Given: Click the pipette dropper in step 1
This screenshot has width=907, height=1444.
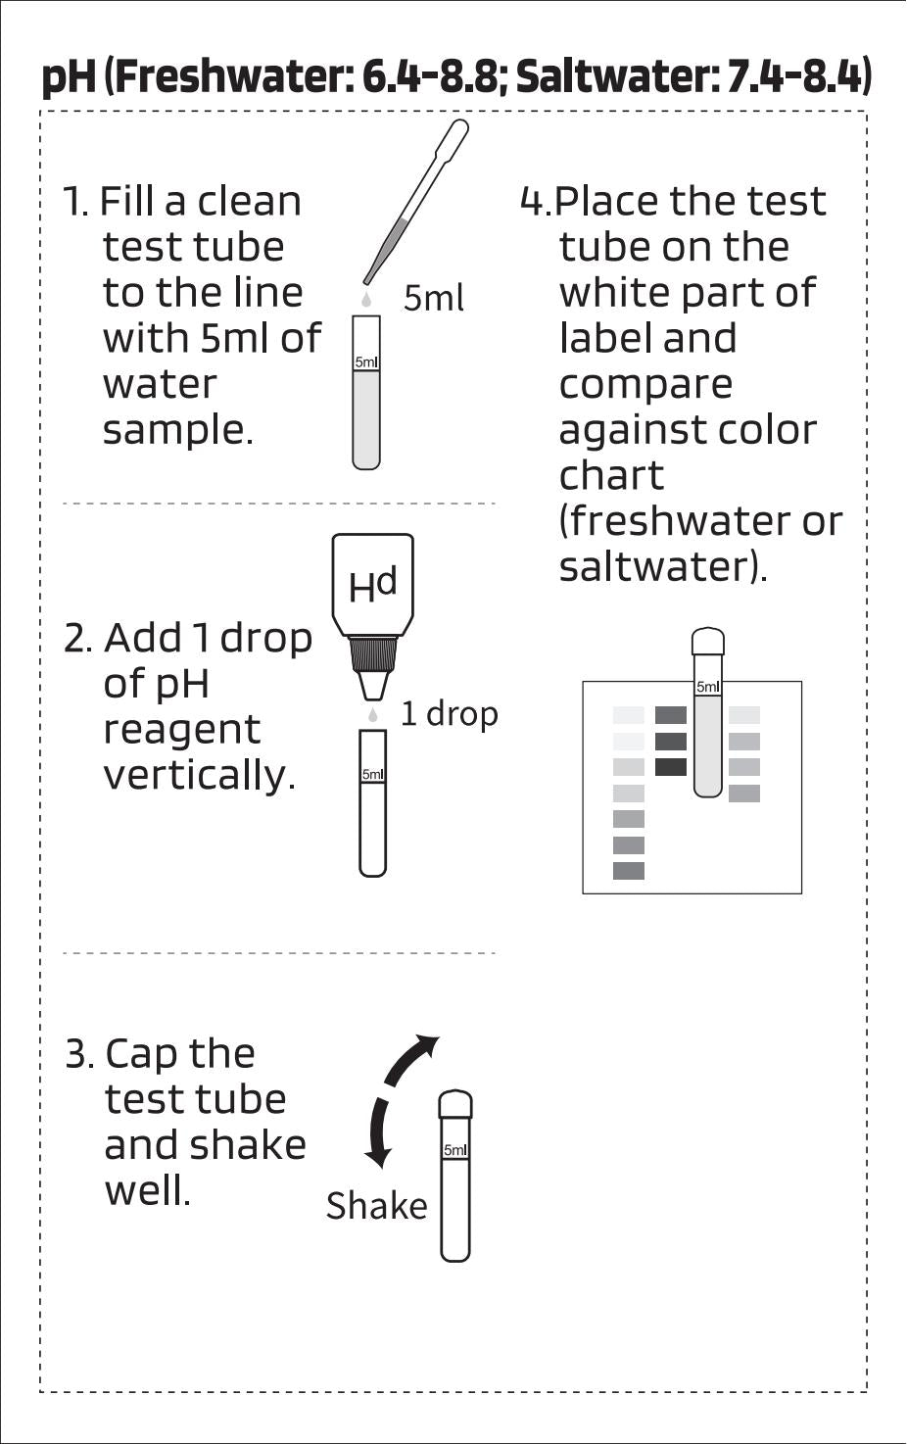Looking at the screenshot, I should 417,201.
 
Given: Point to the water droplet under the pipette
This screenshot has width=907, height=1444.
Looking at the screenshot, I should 366,297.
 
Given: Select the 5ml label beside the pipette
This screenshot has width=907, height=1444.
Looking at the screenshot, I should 433,298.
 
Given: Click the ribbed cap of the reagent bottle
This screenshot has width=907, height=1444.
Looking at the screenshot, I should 373,651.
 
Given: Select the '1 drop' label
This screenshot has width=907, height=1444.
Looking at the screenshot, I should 449,714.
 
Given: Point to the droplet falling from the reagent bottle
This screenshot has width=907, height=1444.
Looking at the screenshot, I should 373,716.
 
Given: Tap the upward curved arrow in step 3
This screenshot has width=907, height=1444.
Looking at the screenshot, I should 411,1058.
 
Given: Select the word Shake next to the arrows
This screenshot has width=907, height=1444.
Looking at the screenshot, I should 376,1206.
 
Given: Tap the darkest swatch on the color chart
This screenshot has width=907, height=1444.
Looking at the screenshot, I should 670,767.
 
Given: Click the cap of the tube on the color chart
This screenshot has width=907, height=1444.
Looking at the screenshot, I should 707,643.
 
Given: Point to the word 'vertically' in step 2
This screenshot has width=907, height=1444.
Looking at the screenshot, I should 199,775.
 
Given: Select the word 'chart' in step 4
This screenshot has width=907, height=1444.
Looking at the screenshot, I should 611,475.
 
